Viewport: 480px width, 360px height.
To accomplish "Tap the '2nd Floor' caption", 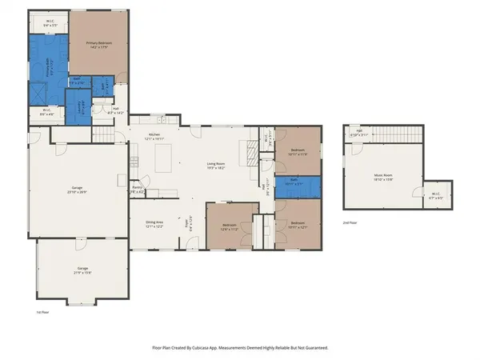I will [350, 222].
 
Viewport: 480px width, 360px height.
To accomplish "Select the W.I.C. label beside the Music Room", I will [436, 194].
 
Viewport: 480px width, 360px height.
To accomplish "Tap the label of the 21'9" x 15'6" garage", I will [82, 269].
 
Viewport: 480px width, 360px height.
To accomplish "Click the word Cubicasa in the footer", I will [202, 348].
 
